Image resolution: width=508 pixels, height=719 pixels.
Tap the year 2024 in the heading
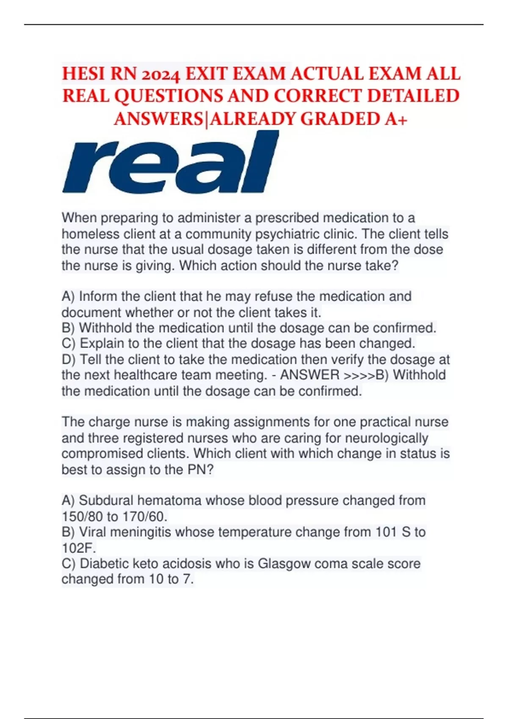pos(161,75)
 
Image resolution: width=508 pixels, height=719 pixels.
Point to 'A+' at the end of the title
pos(396,119)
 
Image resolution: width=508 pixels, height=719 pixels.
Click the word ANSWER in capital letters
pos(310,375)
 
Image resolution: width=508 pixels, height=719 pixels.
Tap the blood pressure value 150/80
pos(82,516)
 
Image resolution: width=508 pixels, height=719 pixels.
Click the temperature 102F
pos(79,548)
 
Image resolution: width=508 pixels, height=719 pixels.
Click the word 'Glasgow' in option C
pos(284,563)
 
